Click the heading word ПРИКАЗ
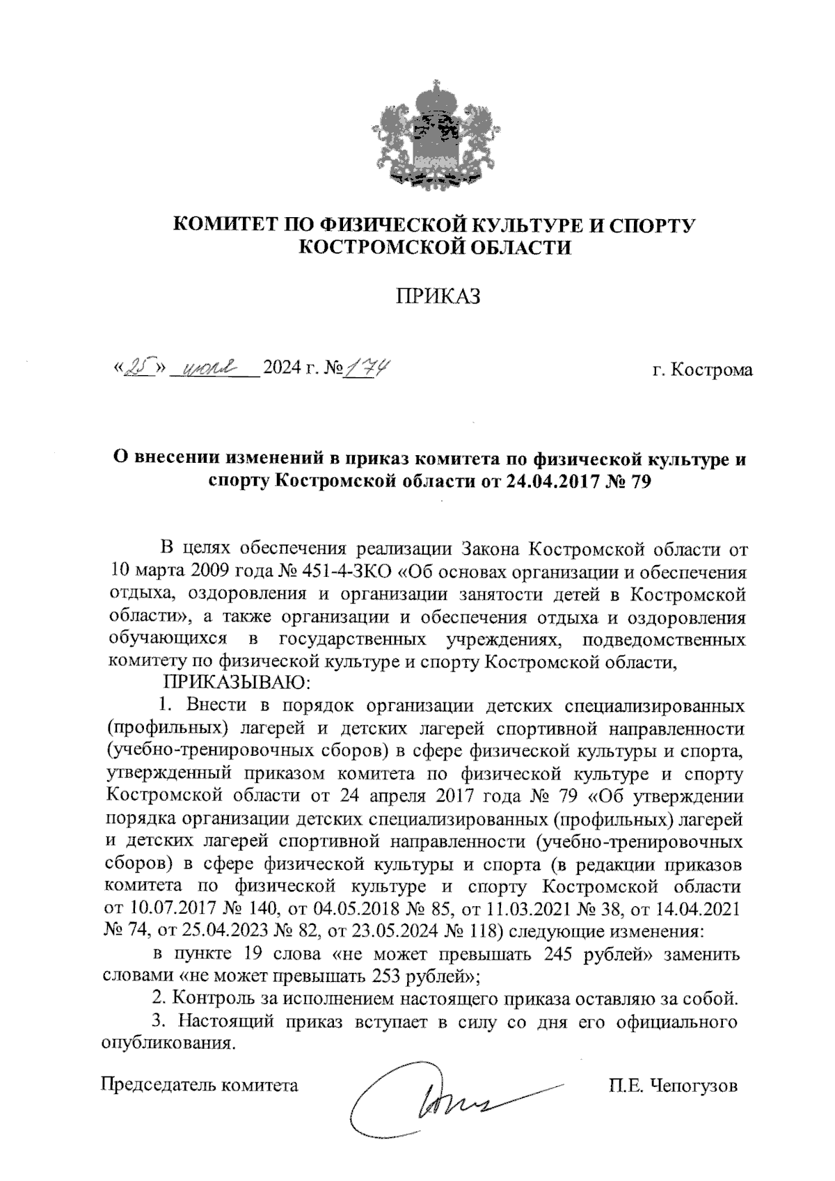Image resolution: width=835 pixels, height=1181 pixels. click(x=438, y=297)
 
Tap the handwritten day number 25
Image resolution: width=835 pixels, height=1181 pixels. click(x=136, y=368)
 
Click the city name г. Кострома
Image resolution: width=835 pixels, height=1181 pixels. click(x=702, y=370)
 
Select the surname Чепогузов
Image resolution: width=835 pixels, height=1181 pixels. click(x=692, y=1085)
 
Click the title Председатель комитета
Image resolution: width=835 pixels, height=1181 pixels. click(x=200, y=1085)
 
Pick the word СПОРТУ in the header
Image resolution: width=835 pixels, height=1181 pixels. click(x=652, y=225)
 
